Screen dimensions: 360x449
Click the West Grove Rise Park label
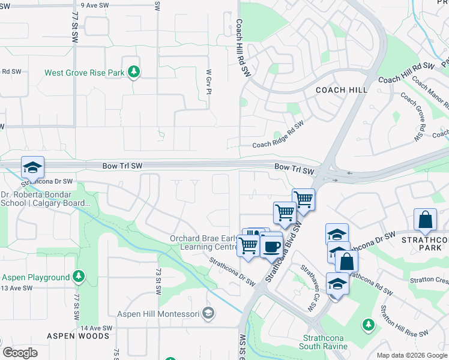point(84,73)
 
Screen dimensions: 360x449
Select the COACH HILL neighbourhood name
point(342,90)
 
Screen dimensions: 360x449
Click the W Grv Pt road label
point(209,82)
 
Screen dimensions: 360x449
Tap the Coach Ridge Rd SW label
point(278,135)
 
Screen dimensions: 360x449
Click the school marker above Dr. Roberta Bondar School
point(32,166)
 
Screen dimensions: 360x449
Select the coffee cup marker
point(271,245)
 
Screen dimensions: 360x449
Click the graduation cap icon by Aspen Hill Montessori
point(208,312)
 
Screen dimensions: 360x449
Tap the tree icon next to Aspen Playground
point(79,277)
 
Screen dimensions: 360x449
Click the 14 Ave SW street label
point(97,328)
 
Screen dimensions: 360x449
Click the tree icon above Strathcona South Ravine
point(368,325)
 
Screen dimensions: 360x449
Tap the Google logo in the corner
point(20,353)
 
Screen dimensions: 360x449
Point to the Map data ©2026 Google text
point(412,355)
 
